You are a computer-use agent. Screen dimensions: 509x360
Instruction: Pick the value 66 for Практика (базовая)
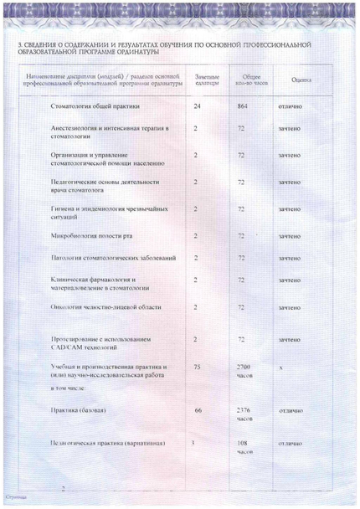pos(198,411)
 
